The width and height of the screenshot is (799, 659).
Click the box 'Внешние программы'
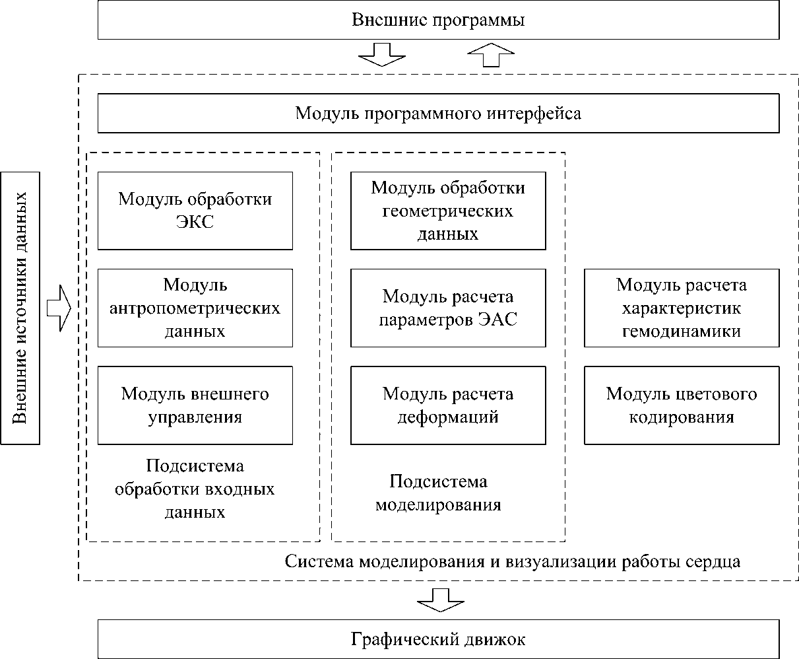tap(438, 20)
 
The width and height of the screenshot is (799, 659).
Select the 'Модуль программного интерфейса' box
tap(438, 114)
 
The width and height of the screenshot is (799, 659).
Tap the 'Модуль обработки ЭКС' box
tap(195, 211)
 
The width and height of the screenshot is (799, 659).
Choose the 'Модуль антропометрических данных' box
tap(195, 308)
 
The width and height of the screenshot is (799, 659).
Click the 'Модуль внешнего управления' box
tap(195, 405)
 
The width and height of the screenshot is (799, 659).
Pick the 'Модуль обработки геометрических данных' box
tap(448, 211)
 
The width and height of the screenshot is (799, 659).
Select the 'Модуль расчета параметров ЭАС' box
tap(448, 308)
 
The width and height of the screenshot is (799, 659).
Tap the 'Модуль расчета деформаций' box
tap(448, 405)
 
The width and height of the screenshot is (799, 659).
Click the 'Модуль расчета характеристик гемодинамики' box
tap(682, 308)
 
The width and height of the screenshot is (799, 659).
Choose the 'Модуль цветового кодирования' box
tap(682, 405)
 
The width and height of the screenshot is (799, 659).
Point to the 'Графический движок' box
tap(438, 639)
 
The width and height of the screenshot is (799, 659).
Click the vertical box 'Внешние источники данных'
tap(21, 308)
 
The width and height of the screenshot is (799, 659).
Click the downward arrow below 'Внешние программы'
tap(381, 55)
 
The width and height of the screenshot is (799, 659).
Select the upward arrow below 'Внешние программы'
tap(490, 55)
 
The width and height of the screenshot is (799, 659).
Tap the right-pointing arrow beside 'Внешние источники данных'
tap(59, 308)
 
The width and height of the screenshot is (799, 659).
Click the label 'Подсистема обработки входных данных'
tap(195, 489)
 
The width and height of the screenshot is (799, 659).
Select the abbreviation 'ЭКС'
tap(195, 223)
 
